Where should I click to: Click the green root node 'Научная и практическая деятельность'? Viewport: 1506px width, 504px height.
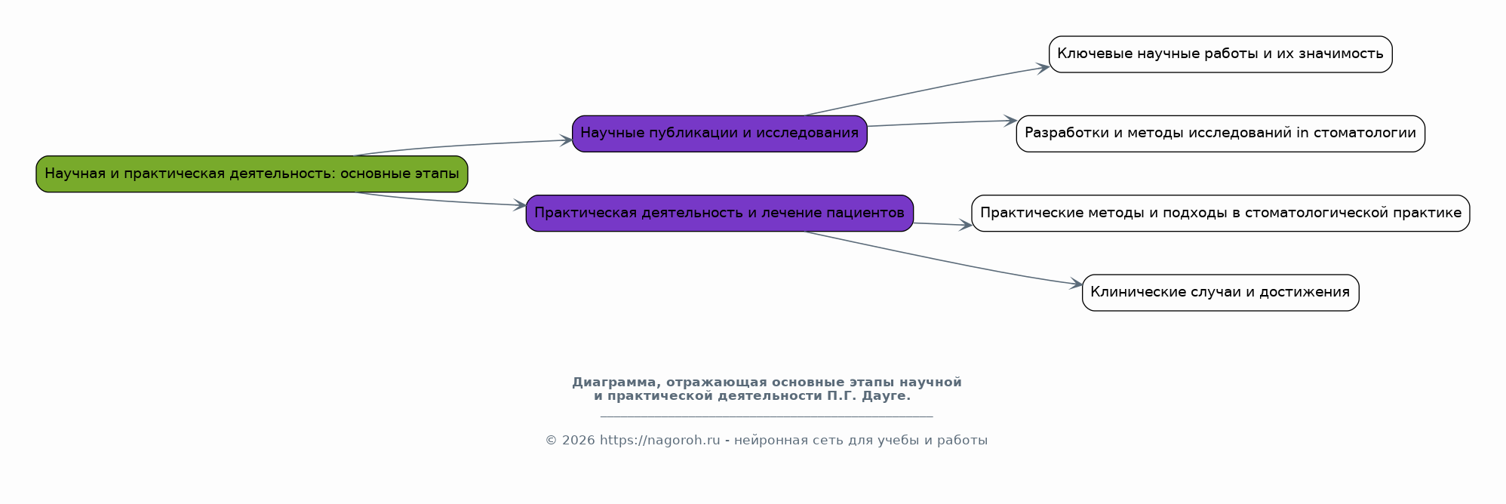[251, 174]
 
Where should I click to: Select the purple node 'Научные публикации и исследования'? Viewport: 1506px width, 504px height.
[719, 134]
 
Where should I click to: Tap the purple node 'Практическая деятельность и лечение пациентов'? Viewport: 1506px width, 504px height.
[719, 214]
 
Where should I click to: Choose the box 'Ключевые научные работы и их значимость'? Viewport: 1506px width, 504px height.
[1220, 54]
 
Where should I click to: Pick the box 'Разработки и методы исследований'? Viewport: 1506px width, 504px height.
[1220, 134]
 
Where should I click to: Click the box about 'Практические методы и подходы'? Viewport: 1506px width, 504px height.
[1220, 214]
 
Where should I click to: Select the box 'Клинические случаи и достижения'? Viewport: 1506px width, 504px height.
[1220, 293]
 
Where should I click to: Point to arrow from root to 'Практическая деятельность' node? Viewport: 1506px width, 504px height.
[445, 201]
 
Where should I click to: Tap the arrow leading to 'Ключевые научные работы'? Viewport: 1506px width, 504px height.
[928, 90]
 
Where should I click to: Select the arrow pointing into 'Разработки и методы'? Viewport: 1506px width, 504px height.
[943, 123]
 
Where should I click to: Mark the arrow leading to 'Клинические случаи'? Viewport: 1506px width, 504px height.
[943, 260]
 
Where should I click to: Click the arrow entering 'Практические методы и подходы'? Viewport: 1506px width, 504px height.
[943, 224]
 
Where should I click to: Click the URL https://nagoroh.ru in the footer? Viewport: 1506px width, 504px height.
[659, 441]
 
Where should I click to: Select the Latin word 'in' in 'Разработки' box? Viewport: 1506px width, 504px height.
[1302, 134]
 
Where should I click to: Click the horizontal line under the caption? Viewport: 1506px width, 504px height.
[767, 416]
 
